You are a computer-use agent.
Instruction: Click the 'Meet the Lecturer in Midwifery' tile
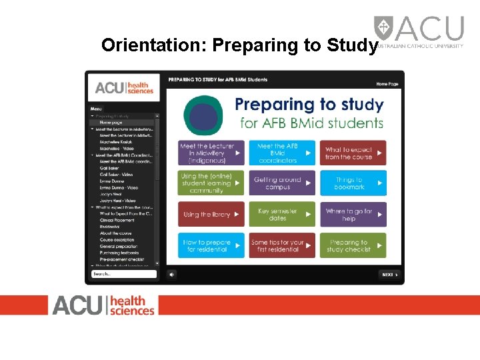point(211,153)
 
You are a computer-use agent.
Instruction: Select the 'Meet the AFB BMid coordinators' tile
point(282,153)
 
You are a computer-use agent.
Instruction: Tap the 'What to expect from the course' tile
point(353,153)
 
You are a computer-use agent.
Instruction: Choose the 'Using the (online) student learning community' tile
point(211,183)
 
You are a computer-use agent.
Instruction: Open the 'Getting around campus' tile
point(282,183)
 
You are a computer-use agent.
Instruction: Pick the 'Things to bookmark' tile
point(353,183)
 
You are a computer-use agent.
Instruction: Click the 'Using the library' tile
point(211,215)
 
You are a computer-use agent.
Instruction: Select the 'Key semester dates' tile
point(282,215)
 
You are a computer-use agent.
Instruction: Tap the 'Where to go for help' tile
point(353,215)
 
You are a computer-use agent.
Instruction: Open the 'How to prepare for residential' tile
point(211,245)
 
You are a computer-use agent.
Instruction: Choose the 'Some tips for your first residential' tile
point(282,245)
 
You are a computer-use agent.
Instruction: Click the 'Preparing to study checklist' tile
point(353,245)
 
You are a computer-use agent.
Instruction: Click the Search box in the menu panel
point(124,274)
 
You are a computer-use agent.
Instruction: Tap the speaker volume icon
point(171,274)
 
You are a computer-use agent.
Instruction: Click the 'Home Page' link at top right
point(387,84)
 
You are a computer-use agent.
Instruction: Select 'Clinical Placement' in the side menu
point(117,220)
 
